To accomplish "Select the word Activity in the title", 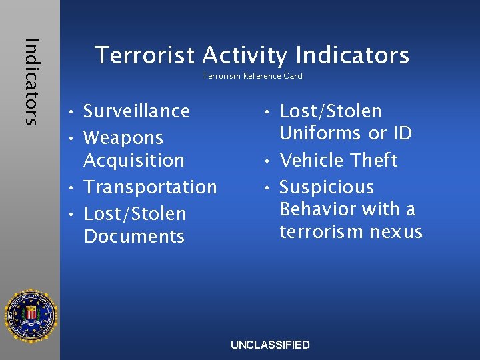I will pyautogui.click(x=244, y=55).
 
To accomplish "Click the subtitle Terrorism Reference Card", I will pyautogui.click(x=252, y=76).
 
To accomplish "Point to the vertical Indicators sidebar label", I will pyautogui.click(x=31, y=81).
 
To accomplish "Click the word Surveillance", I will pyautogui.click(x=137, y=111).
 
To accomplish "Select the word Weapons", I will pyautogui.click(x=123, y=138).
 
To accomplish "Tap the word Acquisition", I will pyautogui.click(x=134, y=161).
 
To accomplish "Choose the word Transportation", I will pyautogui.click(x=150, y=187).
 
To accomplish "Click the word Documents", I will pyautogui.click(x=134, y=237).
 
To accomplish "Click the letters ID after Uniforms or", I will pyautogui.click(x=401, y=133).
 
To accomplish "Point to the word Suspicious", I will pyautogui.click(x=327, y=187).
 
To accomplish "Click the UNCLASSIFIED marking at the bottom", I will pyautogui.click(x=270, y=345).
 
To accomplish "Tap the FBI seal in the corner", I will pyautogui.click(x=31, y=315).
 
